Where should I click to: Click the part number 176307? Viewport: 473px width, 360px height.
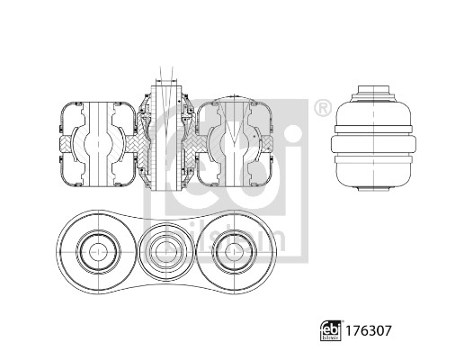368,330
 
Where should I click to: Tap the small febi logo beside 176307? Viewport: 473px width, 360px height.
331,330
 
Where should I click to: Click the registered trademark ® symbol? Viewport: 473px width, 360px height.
323,108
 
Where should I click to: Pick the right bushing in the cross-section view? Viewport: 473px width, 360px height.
235,144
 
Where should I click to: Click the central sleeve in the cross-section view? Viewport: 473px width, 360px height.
166,138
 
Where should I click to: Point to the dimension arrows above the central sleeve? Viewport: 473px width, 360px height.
166,81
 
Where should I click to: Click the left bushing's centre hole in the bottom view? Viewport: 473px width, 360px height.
98,252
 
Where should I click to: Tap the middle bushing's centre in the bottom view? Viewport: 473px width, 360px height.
166,252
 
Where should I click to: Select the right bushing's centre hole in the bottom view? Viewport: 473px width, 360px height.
235,252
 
